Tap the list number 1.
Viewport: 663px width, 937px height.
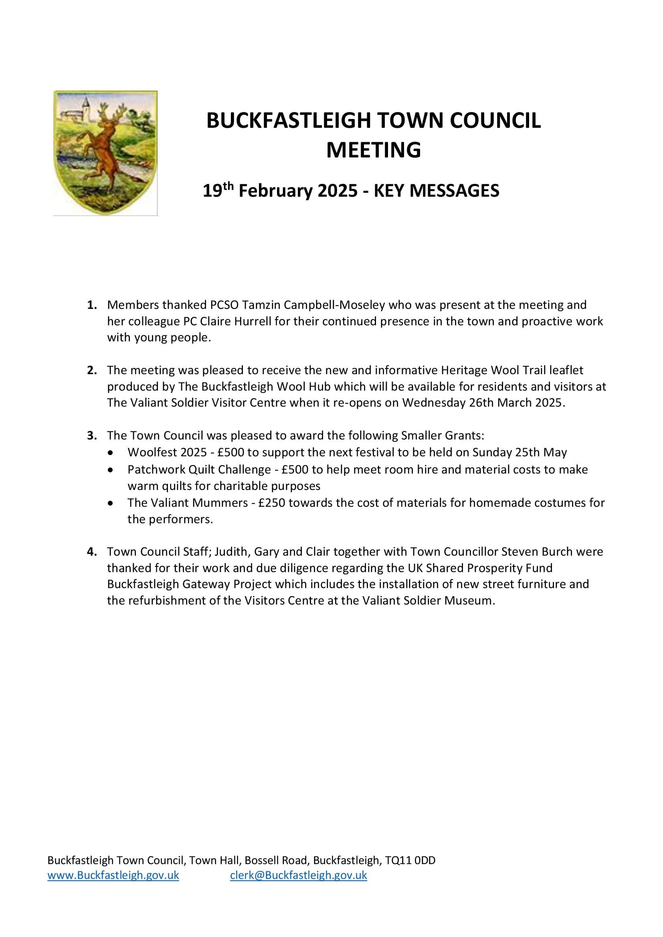[x=92, y=305]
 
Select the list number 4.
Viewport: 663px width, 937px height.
[x=92, y=552]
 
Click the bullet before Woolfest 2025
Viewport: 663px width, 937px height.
[x=110, y=453]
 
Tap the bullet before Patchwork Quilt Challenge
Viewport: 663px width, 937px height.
[x=110, y=470]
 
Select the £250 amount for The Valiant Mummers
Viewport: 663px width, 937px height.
[x=273, y=503]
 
